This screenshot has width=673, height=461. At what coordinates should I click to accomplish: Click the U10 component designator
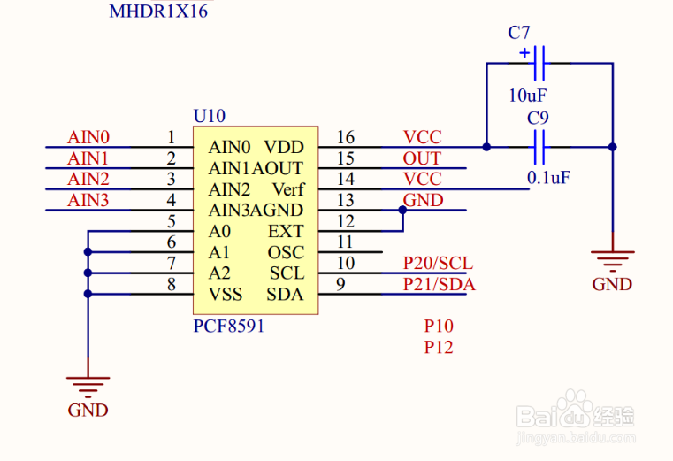[x=210, y=116]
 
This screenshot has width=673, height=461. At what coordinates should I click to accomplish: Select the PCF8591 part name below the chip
[x=229, y=326]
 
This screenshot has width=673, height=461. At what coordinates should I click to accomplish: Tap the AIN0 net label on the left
[x=88, y=137]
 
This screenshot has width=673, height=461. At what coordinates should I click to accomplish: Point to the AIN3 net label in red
[x=88, y=201]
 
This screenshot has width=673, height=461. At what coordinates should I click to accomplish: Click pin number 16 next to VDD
[x=345, y=137]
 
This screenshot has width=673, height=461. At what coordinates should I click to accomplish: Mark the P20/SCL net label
[x=438, y=263]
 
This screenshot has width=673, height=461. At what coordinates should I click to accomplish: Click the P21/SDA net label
[x=439, y=284]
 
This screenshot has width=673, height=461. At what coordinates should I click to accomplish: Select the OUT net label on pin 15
[x=422, y=158]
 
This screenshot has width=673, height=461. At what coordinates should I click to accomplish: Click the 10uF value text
[x=528, y=95]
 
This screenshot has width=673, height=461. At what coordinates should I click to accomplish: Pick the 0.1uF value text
[x=548, y=178]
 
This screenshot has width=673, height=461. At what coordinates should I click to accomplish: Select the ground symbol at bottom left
[x=88, y=386]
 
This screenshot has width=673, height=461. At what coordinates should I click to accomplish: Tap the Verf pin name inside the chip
[x=287, y=189]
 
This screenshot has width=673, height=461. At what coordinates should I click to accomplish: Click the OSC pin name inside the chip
[x=286, y=253]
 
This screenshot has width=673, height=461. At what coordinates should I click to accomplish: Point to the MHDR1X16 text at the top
[x=158, y=12]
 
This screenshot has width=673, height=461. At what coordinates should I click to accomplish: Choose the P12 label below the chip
[x=439, y=348]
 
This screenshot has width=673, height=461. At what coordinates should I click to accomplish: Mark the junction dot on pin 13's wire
[x=403, y=211]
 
